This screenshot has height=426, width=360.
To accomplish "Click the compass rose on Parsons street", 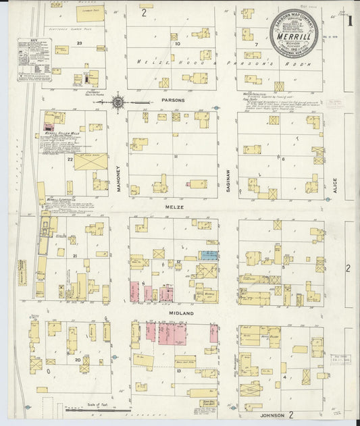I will (x=120, y=102).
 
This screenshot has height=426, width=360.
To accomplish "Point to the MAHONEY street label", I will (x=120, y=180).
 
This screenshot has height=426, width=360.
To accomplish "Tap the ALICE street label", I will (x=334, y=186).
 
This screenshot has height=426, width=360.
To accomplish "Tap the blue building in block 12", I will (x=208, y=255).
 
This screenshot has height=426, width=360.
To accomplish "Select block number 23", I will (x=79, y=43).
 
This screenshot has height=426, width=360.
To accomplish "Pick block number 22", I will (x=70, y=159).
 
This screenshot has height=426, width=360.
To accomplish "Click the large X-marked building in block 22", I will (x=90, y=162).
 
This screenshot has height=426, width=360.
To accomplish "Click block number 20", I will (x=78, y=360).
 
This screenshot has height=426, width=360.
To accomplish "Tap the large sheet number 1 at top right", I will (x=349, y=18).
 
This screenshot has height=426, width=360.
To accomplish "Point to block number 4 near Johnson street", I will (x=286, y=376).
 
